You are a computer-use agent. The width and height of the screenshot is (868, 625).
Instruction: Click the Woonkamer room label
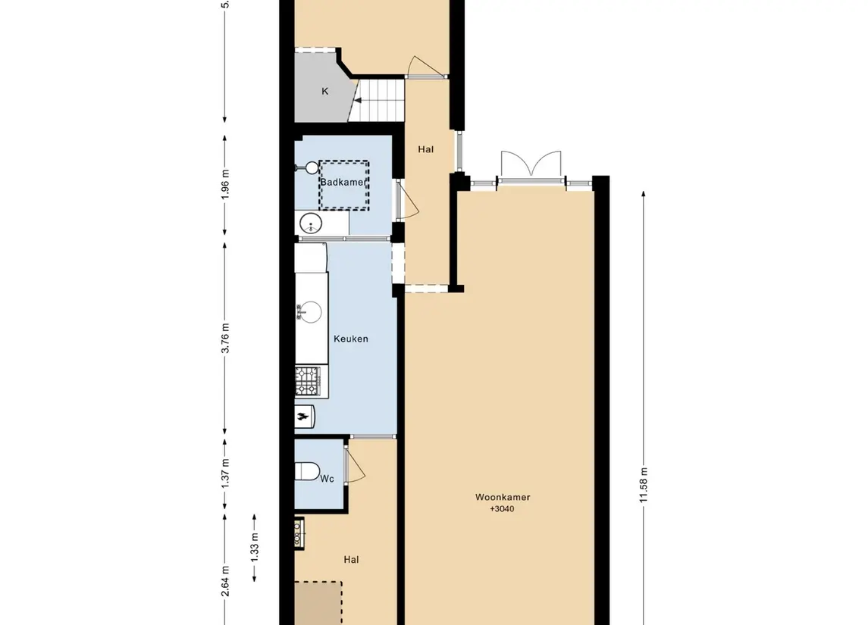point(502,498)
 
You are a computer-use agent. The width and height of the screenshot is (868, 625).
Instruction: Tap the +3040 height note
point(502,509)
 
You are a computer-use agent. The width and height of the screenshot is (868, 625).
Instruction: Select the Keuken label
point(351,339)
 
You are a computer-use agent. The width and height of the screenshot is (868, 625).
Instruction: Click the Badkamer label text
point(343,183)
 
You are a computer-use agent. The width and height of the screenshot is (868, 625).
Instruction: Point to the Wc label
point(327,479)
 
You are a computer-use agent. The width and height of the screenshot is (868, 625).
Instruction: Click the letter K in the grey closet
point(325,92)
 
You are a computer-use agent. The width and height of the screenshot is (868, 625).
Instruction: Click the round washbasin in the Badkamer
point(310,223)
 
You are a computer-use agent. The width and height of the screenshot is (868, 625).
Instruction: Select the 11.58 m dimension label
point(644,486)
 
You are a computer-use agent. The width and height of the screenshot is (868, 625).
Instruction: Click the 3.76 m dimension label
point(224,338)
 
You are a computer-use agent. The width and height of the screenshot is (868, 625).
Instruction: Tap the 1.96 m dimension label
point(224,185)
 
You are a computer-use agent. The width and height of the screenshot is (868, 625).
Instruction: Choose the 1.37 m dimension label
point(224,473)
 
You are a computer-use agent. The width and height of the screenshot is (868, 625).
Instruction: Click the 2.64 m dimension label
point(224,581)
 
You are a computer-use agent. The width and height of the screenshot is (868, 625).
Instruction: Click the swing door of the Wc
point(355,464)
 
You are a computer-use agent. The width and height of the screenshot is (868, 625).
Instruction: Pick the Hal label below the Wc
point(351,560)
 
